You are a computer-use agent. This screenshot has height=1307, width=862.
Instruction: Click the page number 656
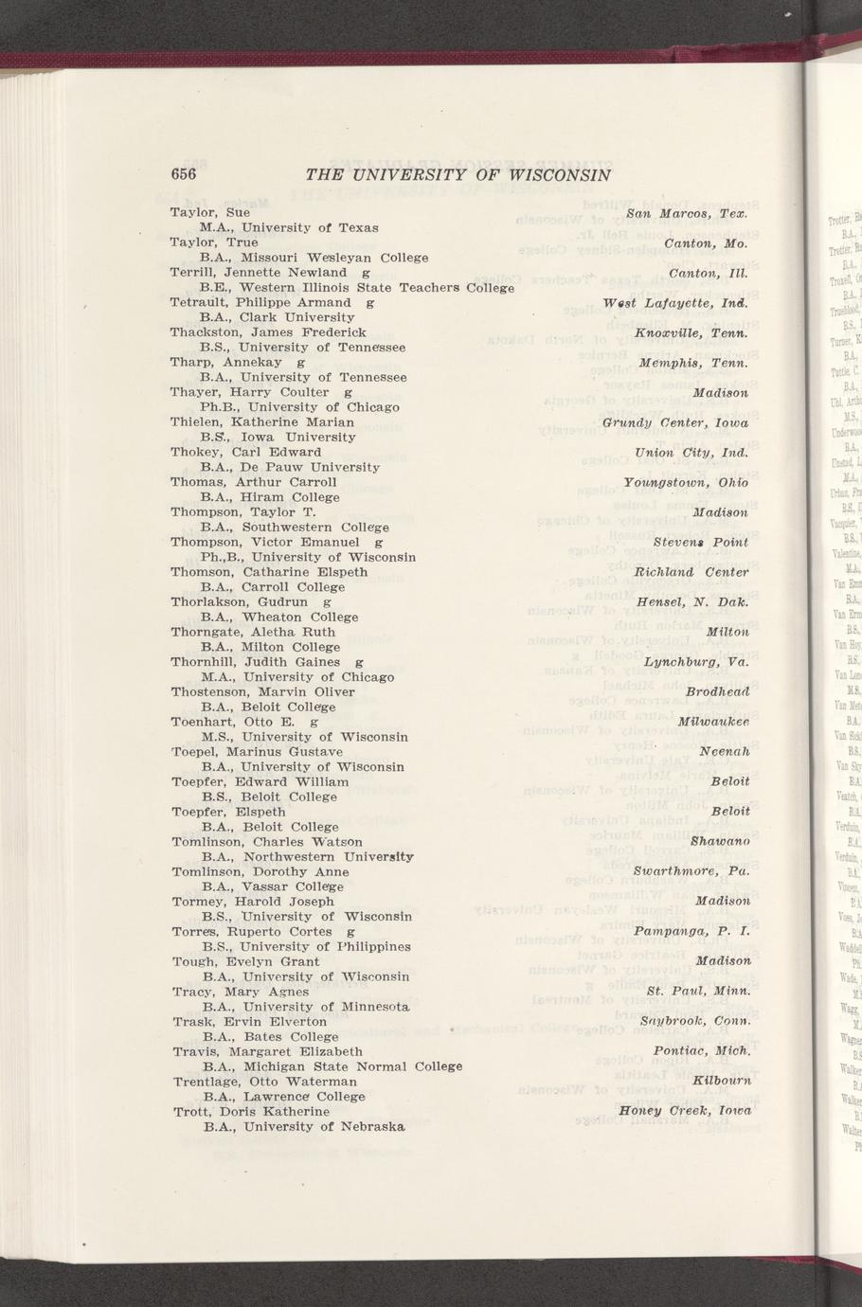coord(183,174)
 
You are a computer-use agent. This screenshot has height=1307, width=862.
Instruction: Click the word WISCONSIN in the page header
coord(560,175)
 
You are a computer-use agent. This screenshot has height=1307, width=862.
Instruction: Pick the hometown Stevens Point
coord(701,543)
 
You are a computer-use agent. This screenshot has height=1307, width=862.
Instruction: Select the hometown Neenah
coord(724,752)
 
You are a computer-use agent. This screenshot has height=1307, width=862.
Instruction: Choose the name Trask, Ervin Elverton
coord(249,1022)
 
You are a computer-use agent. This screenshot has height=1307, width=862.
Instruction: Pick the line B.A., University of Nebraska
coord(304,1100)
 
